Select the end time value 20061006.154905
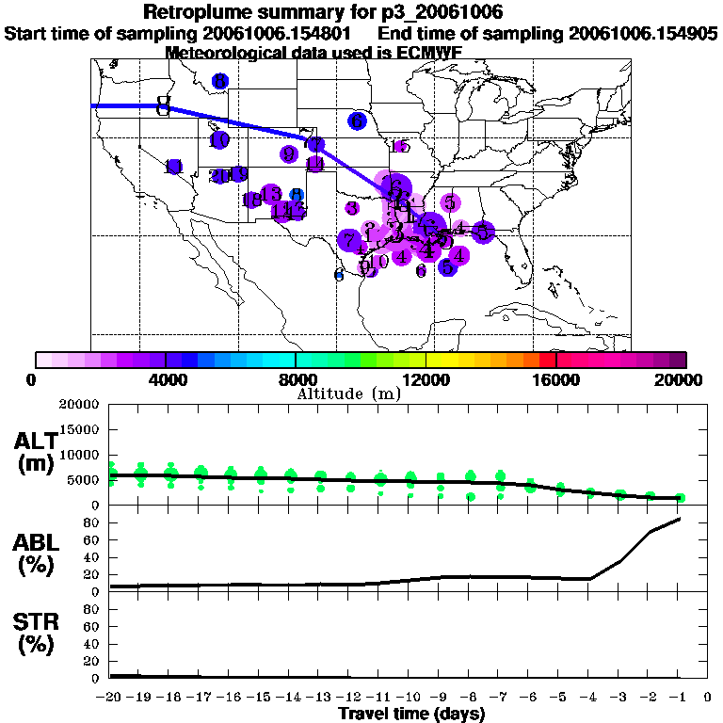[x=643, y=33]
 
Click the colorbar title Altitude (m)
[x=348, y=394]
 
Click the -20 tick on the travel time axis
[x=111, y=698]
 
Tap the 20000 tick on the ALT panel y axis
[x=79, y=405]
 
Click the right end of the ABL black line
[x=679, y=519]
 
